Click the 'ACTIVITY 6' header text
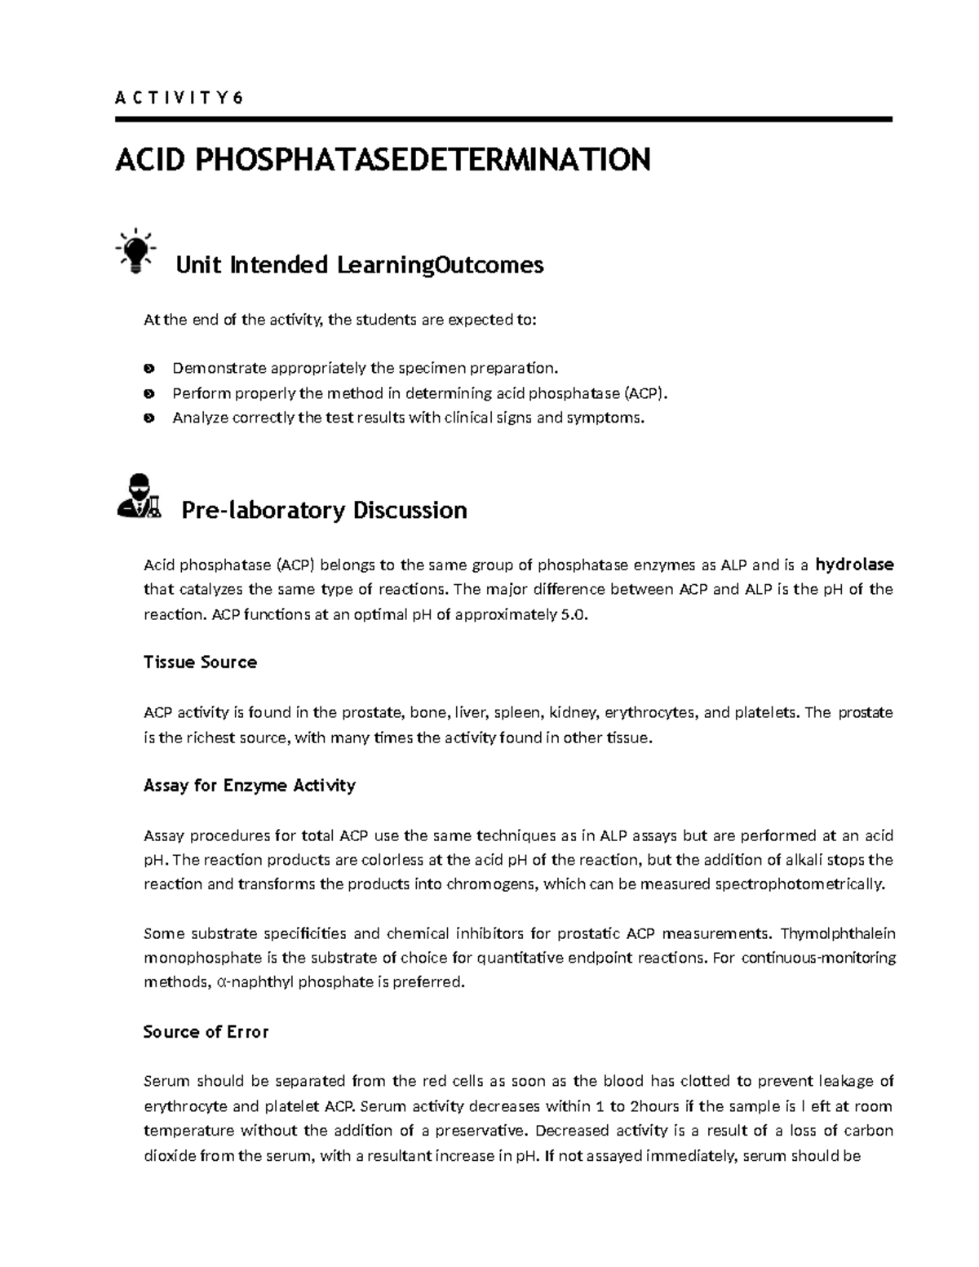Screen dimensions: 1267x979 179,99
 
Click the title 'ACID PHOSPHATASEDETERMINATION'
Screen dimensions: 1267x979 383,160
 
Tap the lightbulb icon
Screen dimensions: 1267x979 135,248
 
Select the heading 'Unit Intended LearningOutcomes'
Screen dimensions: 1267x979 360,265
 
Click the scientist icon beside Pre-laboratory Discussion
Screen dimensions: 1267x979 137,496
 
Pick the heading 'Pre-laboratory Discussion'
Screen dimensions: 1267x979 324,511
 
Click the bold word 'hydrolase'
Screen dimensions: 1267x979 854,565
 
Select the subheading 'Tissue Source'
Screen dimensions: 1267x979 200,662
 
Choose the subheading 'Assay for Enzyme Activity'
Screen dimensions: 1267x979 249,786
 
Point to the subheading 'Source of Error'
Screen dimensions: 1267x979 206,1032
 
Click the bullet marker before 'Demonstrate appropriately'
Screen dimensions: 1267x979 148,369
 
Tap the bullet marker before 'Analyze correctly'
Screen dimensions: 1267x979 148,419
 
